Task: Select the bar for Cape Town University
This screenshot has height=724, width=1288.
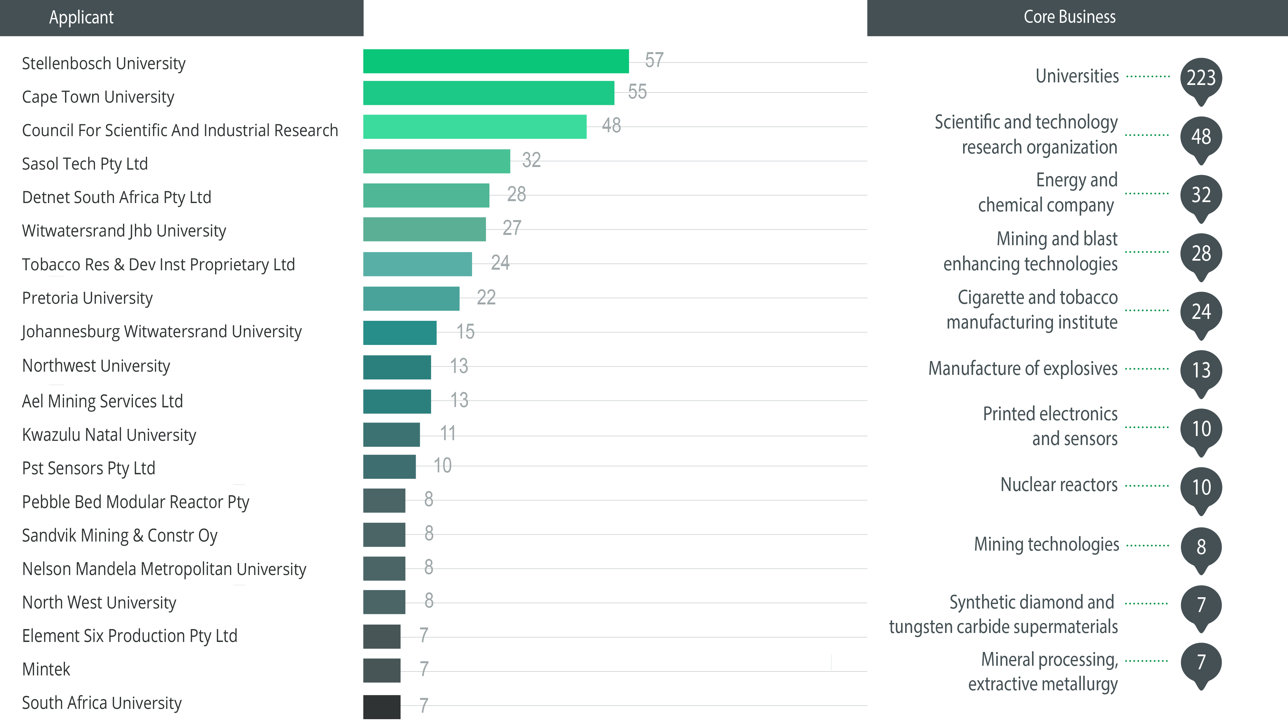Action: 488,93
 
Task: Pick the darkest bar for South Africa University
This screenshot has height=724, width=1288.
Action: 382,707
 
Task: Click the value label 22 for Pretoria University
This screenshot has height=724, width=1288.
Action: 486,297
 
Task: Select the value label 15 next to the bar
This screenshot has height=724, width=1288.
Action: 465,331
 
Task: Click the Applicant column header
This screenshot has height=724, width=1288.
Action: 81,17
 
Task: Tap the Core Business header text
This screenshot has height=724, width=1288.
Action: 1069,17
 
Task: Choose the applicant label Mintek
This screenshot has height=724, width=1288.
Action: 46,669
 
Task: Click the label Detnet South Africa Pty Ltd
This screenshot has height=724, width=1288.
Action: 117,197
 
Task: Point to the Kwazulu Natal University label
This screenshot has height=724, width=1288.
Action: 109,435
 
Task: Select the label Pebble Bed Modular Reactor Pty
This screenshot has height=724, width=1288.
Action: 136,502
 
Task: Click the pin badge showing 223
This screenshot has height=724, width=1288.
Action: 1201,78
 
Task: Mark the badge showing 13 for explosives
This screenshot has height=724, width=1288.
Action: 1201,370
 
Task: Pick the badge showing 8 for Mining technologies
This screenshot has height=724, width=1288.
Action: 1201,547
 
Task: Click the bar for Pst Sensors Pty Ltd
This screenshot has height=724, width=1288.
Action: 389,466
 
